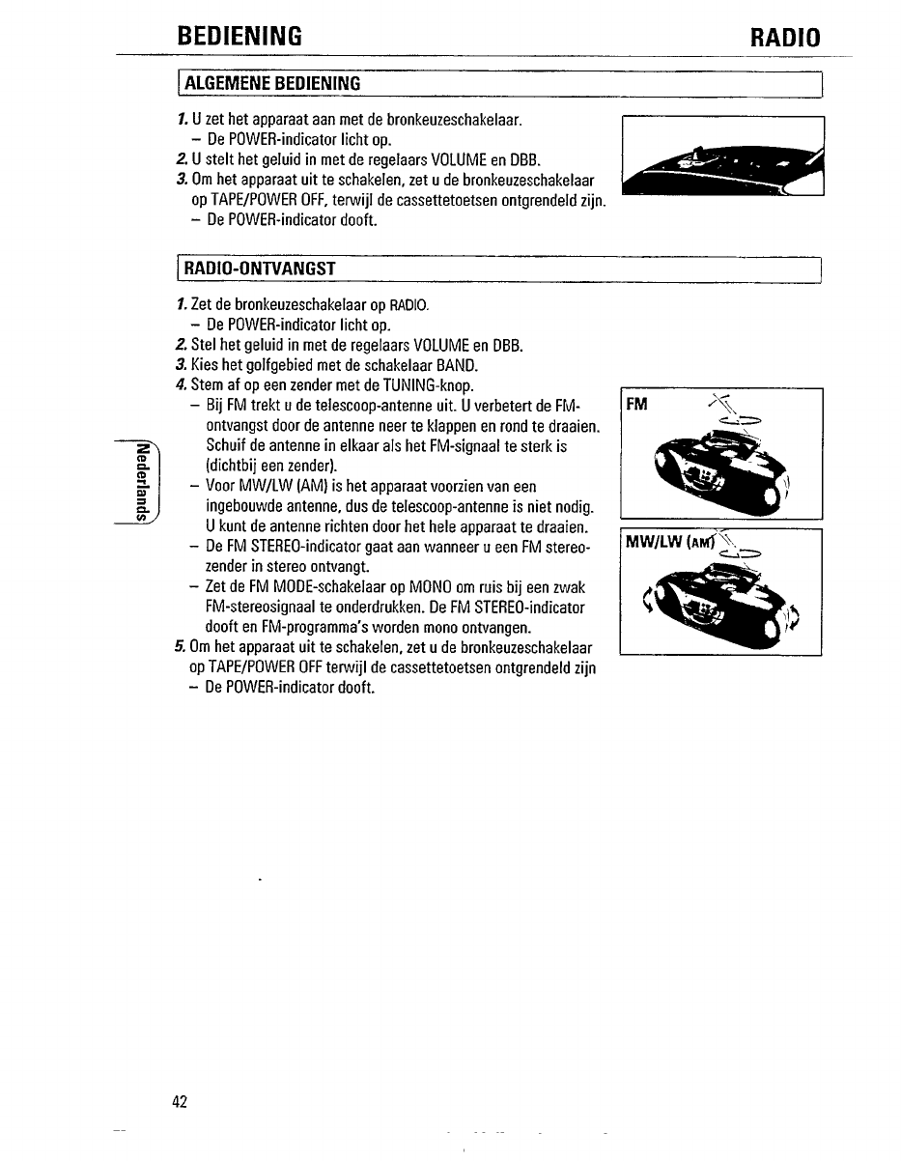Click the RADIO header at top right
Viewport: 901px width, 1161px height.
coord(784,39)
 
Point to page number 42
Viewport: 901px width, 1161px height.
coord(180,1102)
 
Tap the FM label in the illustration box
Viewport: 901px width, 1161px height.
coord(637,402)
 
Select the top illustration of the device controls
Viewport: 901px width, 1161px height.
coord(722,156)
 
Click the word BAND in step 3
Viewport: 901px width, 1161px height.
coord(457,366)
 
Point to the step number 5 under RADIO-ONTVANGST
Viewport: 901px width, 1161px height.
coord(181,647)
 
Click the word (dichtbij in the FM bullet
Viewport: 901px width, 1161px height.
coord(230,466)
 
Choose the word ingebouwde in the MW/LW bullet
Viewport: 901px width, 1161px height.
coord(242,507)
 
